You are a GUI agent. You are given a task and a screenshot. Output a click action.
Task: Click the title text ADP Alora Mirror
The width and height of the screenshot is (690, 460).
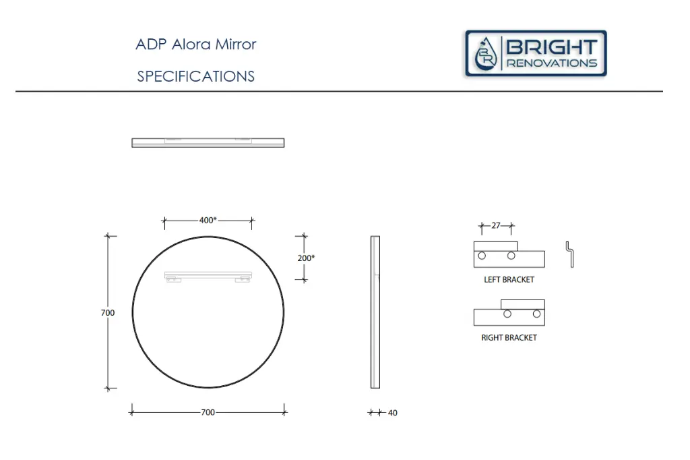pyautogui.click(x=195, y=45)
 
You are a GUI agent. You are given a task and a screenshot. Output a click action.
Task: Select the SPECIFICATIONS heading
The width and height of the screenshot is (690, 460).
pyautogui.click(x=195, y=76)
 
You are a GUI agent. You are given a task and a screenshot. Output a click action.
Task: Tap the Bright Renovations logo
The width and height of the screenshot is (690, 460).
pyautogui.click(x=536, y=53)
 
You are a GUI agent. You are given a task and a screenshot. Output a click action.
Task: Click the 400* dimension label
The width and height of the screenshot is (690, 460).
pyautogui.click(x=208, y=220)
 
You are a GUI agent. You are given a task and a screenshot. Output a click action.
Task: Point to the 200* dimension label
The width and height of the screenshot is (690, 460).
pyautogui.click(x=306, y=258)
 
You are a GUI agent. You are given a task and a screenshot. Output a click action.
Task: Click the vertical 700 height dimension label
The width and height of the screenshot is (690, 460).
pyautogui.click(x=108, y=312)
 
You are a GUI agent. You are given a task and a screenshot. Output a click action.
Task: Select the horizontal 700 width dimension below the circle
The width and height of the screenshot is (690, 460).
pyautogui.click(x=208, y=412)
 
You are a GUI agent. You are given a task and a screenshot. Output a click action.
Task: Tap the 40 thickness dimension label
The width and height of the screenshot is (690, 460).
pyautogui.click(x=392, y=413)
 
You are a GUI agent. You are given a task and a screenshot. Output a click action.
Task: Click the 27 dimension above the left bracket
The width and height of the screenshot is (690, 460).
pyautogui.click(x=496, y=226)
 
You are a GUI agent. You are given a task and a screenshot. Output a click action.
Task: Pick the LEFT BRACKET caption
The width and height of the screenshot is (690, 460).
pyautogui.click(x=509, y=279)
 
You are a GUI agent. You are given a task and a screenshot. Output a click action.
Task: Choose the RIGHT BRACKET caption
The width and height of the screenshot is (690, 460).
pyautogui.click(x=509, y=337)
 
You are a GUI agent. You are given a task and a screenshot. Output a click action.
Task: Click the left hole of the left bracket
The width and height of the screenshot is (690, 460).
pyautogui.click(x=482, y=256)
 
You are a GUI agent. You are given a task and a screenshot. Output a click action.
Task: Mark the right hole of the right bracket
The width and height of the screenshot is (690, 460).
pyautogui.click(x=536, y=314)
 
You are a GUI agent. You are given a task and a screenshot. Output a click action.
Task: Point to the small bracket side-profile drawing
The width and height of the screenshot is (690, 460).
pyautogui.click(x=569, y=254)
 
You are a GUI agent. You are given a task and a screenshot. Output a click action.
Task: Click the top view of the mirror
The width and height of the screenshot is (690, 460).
pyautogui.click(x=208, y=142)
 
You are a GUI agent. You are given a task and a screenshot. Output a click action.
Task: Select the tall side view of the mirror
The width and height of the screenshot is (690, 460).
pyautogui.click(x=375, y=312)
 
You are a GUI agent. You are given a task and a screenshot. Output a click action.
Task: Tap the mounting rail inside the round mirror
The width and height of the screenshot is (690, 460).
pyautogui.click(x=208, y=275)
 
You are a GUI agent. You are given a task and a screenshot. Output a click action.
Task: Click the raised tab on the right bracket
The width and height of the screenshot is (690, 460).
pyautogui.click(x=522, y=304)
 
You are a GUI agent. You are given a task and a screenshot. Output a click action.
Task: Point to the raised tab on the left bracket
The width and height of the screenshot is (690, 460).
pyautogui.click(x=496, y=245)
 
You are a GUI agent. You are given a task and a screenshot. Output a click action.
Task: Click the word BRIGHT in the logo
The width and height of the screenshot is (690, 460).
pyautogui.click(x=551, y=47)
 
